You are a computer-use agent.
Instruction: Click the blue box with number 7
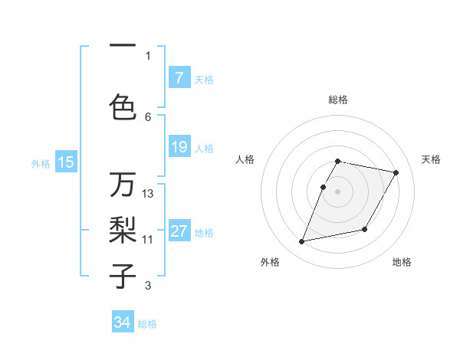(x=179, y=78)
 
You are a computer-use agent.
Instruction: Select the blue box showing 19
(x=179, y=147)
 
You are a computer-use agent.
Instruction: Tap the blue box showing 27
(x=179, y=232)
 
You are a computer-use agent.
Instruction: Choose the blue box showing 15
(x=66, y=162)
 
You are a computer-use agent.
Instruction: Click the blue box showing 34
(x=123, y=322)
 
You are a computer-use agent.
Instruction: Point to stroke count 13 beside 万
(x=148, y=194)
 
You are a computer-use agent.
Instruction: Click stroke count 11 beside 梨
(x=148, y=239)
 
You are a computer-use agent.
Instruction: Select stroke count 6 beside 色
(x=148, y=116)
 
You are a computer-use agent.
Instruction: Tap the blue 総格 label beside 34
(x=147, y=324)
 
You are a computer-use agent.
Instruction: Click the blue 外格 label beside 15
(x=41, y=163)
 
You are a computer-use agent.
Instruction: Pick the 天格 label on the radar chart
(x=431, y=159)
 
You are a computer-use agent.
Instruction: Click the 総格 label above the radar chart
(x=338, y=100)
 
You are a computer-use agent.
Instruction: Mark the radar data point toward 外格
(x=302, y=242)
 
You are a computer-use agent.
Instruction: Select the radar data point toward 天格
(x=396, y=173)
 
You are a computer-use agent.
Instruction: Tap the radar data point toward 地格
(x=365, y=230)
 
